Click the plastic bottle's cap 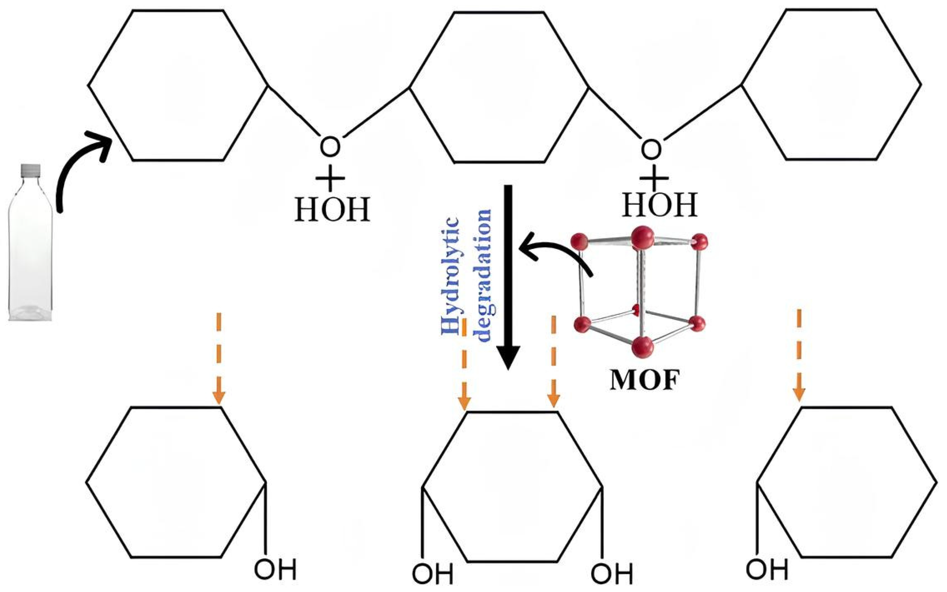coord(31,169)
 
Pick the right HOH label coord(660,205)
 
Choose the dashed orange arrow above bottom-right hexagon coord(799,354)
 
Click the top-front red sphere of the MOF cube coord(642,237)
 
